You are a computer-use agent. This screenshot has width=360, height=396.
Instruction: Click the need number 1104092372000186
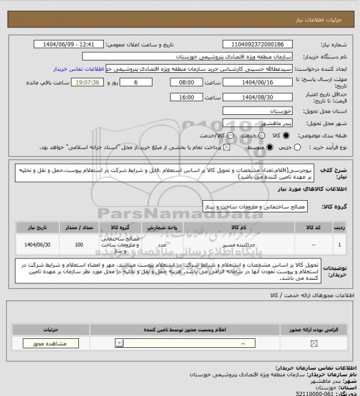[263, 44]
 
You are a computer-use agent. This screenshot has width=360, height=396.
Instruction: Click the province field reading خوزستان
[263, 110]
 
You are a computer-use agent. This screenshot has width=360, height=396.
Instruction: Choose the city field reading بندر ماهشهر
[263, 122]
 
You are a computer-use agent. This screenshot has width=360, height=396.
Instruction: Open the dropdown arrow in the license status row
[122, 343]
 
